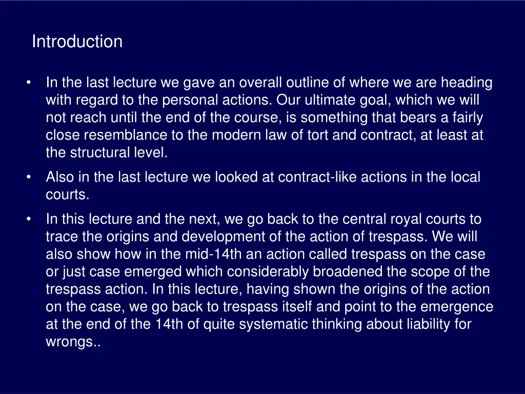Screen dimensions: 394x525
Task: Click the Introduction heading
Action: tap(77, 42)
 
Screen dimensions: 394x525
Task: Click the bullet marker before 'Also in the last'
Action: tap(31, 178)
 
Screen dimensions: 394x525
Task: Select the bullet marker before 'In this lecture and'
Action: tap(31, 220)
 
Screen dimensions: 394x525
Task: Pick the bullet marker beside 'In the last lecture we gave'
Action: tap(31, 83)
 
